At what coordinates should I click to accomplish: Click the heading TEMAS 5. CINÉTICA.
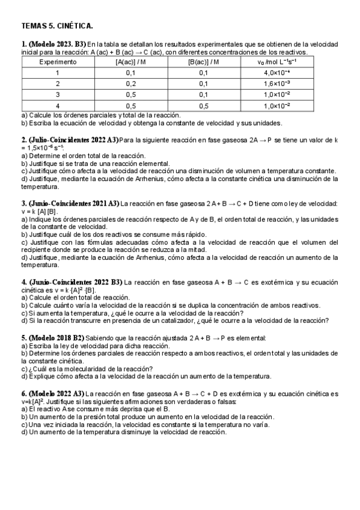click(57, 26)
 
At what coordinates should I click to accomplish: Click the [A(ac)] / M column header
click(130, 62)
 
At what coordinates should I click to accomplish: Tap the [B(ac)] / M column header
click(203, 62)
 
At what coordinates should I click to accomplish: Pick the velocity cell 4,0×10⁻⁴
click(276, 73)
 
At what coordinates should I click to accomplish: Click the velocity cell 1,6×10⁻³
click(276, 84)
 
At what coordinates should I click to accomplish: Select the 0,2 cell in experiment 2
click(130, 84)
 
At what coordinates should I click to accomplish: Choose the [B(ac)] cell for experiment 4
click(203, 105)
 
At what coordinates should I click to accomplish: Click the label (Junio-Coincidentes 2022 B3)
click(75, 281)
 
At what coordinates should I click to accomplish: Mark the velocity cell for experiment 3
click(276, 94)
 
